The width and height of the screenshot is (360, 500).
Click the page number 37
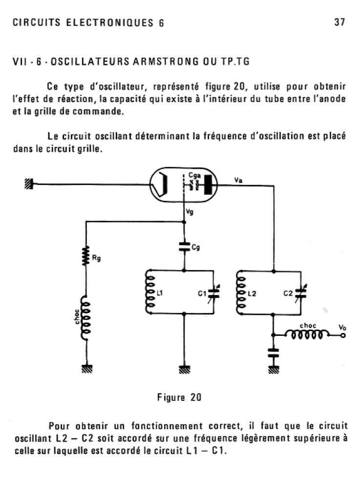coord(339,22)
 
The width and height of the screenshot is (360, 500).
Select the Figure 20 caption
coord(179,397)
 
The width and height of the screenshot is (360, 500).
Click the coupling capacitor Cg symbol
coord(184,247)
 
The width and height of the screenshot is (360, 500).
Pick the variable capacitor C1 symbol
coord(213,293)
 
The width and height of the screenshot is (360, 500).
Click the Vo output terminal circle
coord(343,335)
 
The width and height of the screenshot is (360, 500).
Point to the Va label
coord(239,180)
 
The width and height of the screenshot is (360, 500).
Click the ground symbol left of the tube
coord(29,184)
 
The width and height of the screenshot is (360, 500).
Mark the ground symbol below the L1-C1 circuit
coord(184,370)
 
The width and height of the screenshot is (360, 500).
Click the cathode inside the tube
coord(163,185)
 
